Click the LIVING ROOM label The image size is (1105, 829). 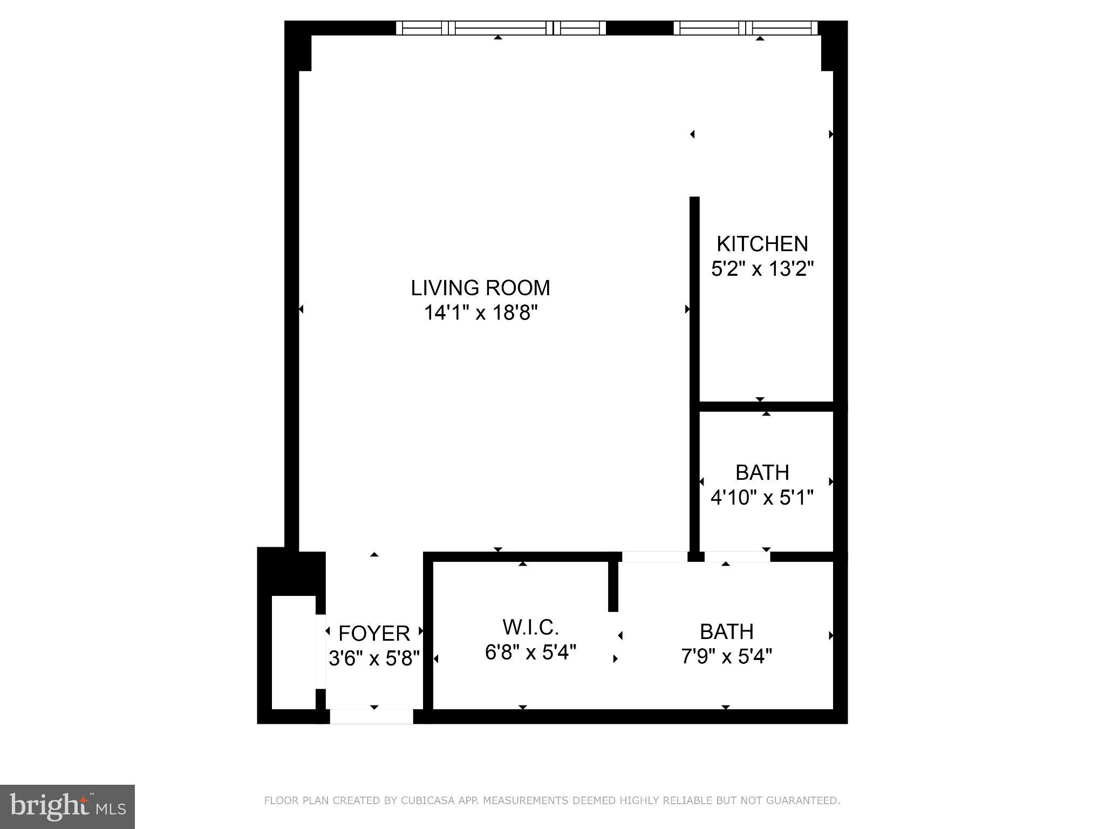click(480, 288)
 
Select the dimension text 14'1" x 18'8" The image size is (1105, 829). click(480, 312)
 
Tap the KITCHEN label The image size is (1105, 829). click(762, 244)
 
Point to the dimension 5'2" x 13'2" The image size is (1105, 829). click(762, 268)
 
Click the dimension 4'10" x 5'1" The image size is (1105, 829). click(762, 497)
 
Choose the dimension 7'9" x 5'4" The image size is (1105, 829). click(726, 656)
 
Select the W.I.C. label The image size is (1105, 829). click(530, 627)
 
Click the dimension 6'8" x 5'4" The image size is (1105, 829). click(530, 652)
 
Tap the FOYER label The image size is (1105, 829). click(374, 633)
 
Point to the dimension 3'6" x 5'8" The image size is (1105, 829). click(374, 658)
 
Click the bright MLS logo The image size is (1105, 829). click(67, 806)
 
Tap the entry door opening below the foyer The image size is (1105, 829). click(371, 717)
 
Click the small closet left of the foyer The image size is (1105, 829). click(294, 652)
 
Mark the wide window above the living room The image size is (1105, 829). click(501, 28)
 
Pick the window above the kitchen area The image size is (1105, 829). click(746, 28)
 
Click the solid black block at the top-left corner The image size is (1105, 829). click(298, 46)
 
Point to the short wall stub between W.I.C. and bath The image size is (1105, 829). click(613, 586)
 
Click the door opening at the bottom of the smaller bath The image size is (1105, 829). click(737, 556)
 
